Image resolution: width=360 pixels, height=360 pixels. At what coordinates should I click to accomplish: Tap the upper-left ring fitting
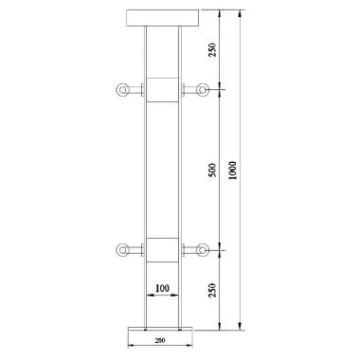coord(120,90)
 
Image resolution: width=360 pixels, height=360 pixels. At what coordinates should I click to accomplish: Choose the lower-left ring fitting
coord(120,251)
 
